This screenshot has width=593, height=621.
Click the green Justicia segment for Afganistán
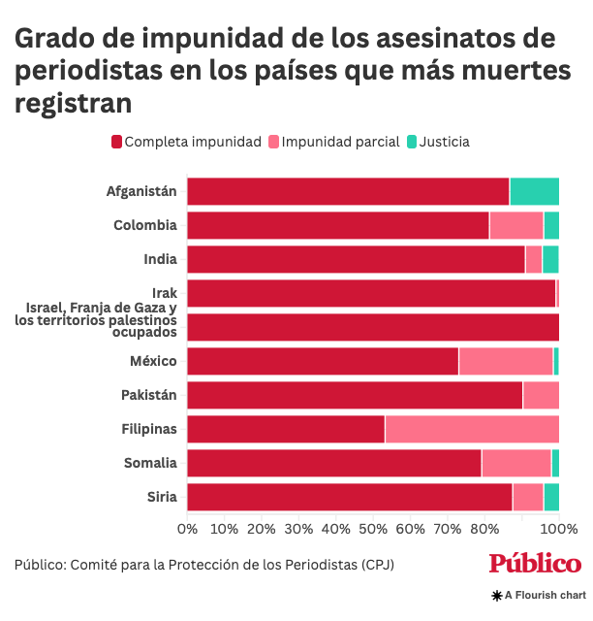click(534, 192)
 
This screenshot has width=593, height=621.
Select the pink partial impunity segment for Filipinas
click(472, 429)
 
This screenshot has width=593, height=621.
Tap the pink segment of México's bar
click(506, 361)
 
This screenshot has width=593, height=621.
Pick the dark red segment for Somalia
click(334, 463)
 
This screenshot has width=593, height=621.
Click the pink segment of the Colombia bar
click(516, 225)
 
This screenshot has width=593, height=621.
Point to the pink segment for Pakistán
click(541, 395)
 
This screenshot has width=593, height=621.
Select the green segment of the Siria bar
click(551, 497)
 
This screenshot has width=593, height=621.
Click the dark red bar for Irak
click(371, 293)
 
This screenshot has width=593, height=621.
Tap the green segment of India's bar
click(550, 259)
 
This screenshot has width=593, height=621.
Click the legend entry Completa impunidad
click(186, 142)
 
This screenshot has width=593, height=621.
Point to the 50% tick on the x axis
click(373, 529)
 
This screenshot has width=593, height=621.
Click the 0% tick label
click(187, 529)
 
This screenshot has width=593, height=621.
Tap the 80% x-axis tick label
click(484, 529)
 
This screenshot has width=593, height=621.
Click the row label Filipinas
click(149, 429)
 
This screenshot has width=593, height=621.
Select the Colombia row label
click(145, 225)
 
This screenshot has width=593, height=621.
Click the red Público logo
click(535, 564)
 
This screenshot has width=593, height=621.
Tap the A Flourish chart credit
click(539, 595)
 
